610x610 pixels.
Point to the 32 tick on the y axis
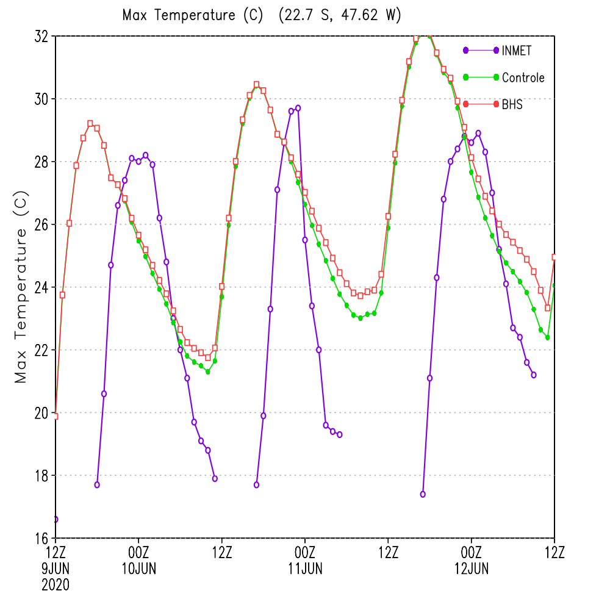[41, 36]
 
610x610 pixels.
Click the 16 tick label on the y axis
[41, 539]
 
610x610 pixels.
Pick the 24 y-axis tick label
[41, 287]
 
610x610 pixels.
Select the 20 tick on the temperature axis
[41, 413]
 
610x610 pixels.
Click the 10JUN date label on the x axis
[139, 569]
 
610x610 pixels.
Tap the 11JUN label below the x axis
[306, 569]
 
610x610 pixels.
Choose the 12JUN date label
[472, 569]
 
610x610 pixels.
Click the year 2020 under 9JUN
[56, 585]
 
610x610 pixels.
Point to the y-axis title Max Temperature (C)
[21, 287]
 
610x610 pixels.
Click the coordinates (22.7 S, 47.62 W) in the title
[340, 15]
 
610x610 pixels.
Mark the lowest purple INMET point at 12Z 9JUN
[56, 519]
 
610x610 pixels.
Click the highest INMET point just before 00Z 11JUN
[298, 108]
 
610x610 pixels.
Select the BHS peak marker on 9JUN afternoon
[90, 123]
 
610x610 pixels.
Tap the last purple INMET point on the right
[534, 375]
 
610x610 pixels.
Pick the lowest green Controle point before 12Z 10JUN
[208, 372]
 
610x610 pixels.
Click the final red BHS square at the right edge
[554, 257]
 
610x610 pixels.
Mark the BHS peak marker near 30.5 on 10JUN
[256, 84]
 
